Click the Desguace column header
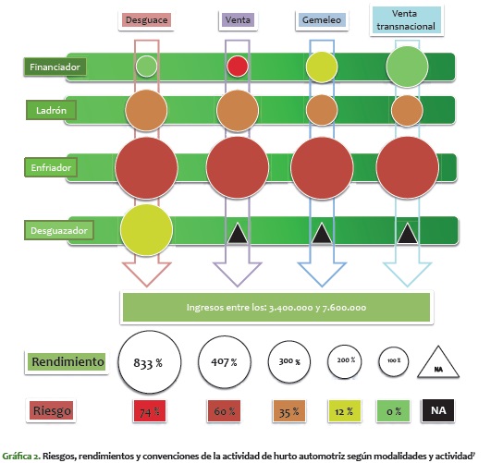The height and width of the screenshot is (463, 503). click(146, 20)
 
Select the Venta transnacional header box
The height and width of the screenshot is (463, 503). click(407, 20)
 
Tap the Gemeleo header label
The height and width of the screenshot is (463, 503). click(322, 20)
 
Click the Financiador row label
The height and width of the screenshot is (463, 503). click(55, 67)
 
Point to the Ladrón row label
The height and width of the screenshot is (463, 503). click(52, 110)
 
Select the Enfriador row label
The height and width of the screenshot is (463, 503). click(51, 167)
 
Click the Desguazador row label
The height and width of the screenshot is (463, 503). click(59, 230)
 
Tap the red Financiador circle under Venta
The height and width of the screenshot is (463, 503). click(238, 67)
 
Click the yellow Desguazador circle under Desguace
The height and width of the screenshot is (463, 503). click(146, 230)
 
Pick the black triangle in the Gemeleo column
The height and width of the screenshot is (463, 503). click(322, 234)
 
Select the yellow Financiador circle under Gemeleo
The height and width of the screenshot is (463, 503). click(322, 67)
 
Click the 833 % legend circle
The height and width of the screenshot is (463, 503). click(150, 362)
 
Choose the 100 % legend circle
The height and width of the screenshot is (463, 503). click(394, 361)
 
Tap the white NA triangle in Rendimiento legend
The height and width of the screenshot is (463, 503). click(438, 364)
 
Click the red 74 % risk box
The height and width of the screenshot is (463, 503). click(150, 411)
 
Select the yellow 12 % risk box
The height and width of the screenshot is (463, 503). click(344, 411)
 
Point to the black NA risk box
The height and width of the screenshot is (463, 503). click(438, 410)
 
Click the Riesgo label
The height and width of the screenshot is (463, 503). click(52, 410)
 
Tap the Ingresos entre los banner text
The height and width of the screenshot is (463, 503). click(276, 308)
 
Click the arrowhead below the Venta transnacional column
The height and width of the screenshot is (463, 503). click(408, 274)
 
